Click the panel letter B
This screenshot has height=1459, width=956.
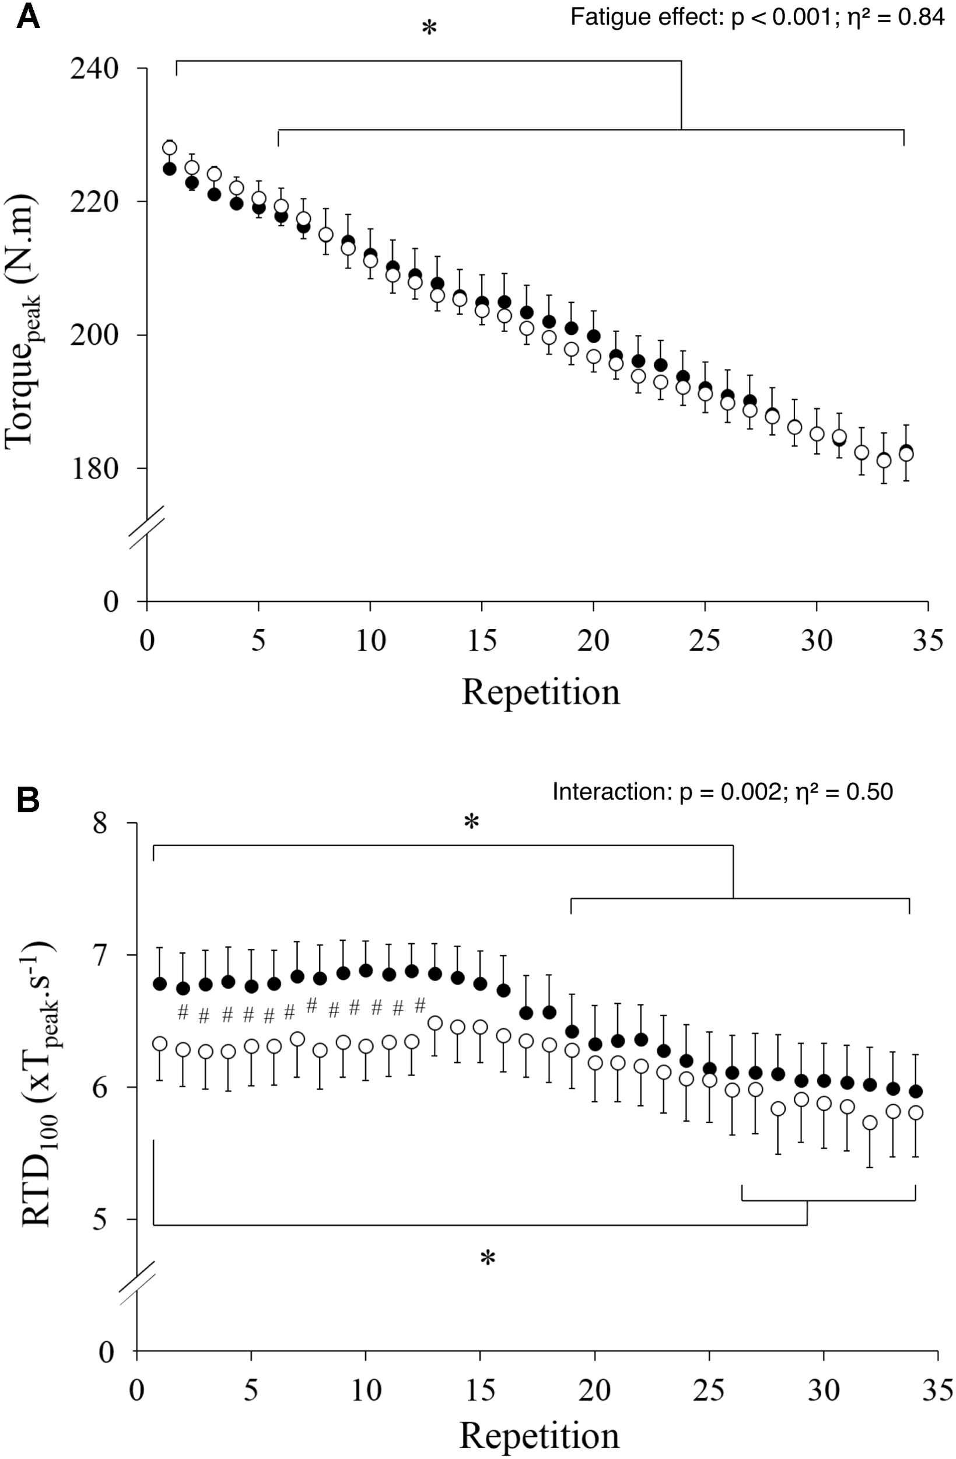27,801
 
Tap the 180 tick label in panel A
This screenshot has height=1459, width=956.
94,469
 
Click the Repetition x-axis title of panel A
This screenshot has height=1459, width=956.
540,693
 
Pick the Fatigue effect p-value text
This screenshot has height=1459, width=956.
757,17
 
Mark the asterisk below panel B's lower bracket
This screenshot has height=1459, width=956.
487,1261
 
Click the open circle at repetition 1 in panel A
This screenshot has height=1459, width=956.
170,148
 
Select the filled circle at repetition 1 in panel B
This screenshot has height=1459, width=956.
160,984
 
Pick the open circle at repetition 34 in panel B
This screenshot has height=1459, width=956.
916,1113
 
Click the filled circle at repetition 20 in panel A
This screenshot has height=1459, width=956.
593,336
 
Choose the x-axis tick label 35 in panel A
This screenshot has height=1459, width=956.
928,641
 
